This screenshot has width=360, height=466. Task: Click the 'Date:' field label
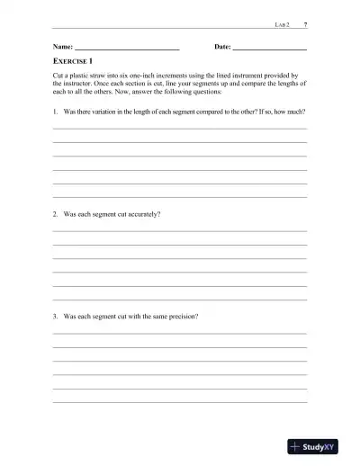click(x=222, y=45)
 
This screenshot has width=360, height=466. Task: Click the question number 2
click(x=56, y=214)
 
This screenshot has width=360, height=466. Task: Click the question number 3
click(x=56, y=317)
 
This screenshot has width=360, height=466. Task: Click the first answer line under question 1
click(x=180, y=129)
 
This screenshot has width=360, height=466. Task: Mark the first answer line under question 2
click(x=180, y=231)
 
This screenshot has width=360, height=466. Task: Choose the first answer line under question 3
click(x=180, y=334)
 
